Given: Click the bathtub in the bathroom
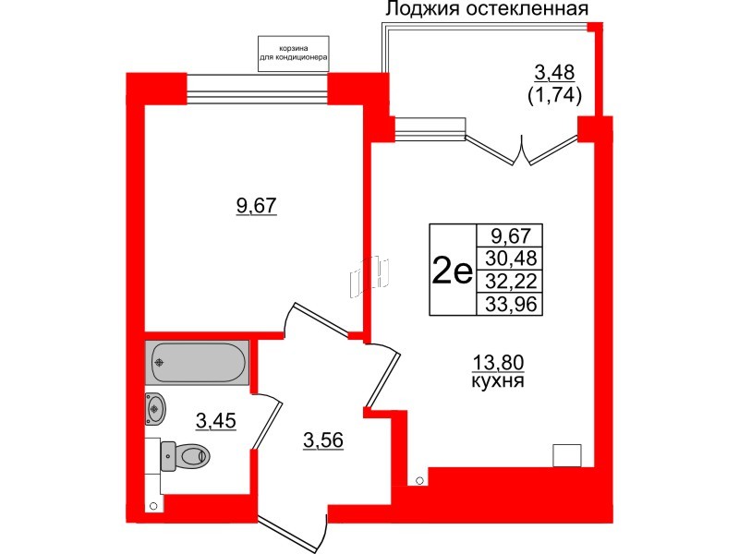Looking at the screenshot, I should tap(196, 363).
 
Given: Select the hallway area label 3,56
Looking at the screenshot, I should tap(323, 441).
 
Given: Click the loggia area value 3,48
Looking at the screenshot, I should tap(554, 73).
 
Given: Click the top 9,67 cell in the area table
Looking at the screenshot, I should tap(511, 235).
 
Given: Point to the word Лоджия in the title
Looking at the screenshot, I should tap(419, 10).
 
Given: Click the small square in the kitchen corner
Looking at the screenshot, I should tap(565, 455).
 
